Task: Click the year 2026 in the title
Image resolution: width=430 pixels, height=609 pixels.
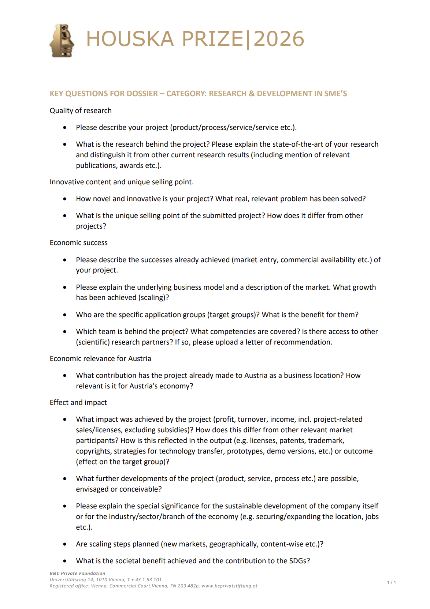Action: point(279,39)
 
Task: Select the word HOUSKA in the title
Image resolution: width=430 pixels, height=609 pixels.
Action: point(130,39)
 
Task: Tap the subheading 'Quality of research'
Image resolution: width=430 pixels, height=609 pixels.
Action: point(81,110)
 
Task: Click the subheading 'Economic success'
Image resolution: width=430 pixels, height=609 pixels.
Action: point(79,243)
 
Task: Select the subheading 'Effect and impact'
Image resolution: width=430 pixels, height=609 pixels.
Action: point(78,402)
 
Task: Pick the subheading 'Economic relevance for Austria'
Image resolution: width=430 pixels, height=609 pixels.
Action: point(100,358)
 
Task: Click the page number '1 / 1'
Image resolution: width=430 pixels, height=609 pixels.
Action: point(392,582)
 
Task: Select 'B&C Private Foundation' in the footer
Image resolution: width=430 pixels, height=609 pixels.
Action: point(77,574)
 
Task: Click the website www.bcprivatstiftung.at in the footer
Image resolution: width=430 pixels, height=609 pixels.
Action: point(229,586)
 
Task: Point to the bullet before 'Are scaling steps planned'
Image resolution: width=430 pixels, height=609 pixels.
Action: point(65,544)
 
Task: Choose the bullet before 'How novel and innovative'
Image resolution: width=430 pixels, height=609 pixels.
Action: point(65,199)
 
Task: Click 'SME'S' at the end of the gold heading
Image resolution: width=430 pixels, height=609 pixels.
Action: point(336,94)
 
